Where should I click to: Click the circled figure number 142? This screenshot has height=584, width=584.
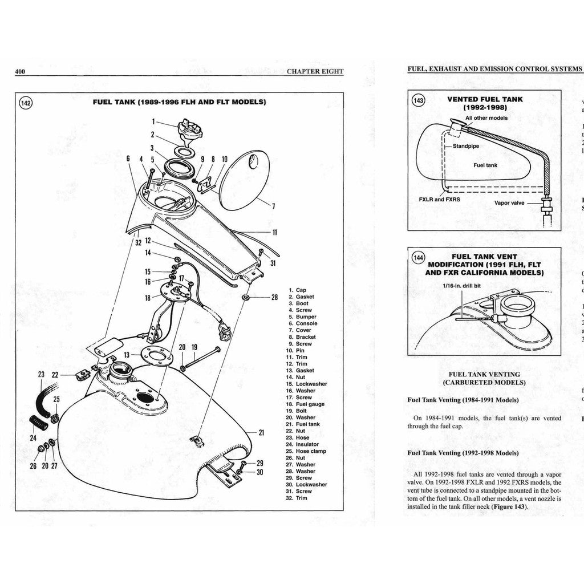[x=26, y=103]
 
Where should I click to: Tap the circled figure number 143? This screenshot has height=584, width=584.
[x=418, y=100]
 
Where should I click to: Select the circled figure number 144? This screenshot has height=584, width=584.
[x=419, y=258]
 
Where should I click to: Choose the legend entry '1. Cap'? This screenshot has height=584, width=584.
[x=297, y=290]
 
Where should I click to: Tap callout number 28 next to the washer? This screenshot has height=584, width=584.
[x=274, y=297]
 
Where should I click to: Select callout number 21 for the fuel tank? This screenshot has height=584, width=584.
[x=261, y=433]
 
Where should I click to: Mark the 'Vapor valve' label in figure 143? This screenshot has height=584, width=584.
[x=509, y=202]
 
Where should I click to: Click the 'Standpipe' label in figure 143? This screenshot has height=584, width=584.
[x=466, y=146]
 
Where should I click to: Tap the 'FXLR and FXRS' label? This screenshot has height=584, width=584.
[x=439, y=200]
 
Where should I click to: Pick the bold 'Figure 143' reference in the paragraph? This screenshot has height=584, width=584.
[x=509, y=507]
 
